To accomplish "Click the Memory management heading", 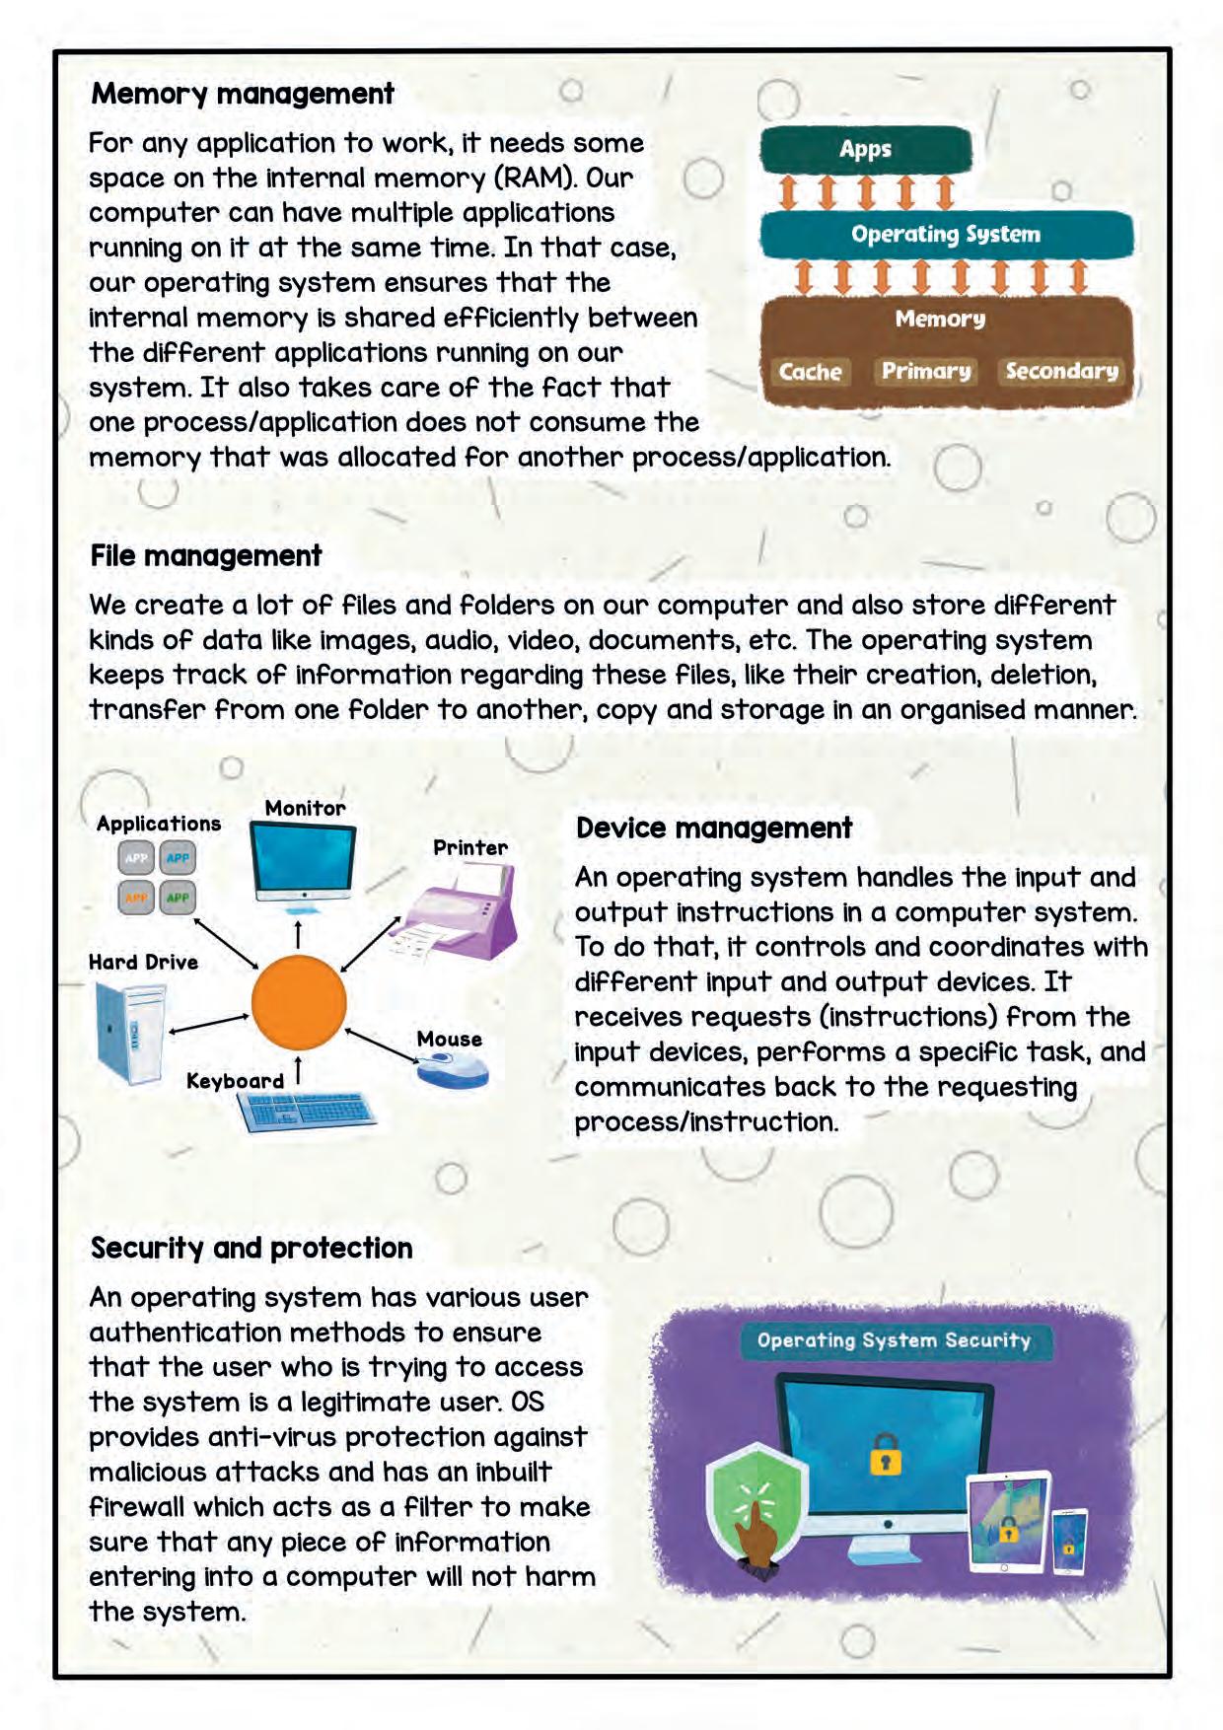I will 243,95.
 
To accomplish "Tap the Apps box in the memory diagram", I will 865,150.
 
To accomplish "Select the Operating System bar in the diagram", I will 946,235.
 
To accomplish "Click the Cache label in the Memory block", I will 810,372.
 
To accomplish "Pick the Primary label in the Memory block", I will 925,371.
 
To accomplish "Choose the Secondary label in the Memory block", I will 1061,371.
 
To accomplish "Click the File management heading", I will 206,556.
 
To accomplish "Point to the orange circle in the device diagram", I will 299,1002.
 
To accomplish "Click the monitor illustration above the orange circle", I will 302,862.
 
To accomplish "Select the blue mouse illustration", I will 452,1069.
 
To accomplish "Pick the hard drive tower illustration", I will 131,1032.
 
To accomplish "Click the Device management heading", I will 714,829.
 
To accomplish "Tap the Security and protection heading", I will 252,1249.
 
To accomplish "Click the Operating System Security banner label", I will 894,1340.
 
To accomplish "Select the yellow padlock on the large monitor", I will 886,1456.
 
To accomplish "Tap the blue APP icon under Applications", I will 178,858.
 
